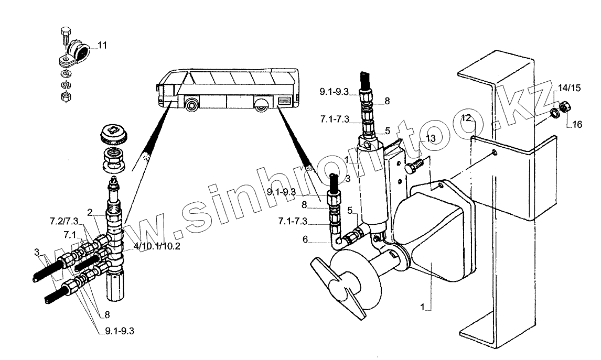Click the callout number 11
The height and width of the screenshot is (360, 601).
[102, 46]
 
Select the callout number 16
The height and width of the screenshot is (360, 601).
[577, 124]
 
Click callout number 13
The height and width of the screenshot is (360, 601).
[431, 138]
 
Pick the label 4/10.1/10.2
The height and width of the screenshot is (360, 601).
[156, 246]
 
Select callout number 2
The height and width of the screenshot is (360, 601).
[90, 212]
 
